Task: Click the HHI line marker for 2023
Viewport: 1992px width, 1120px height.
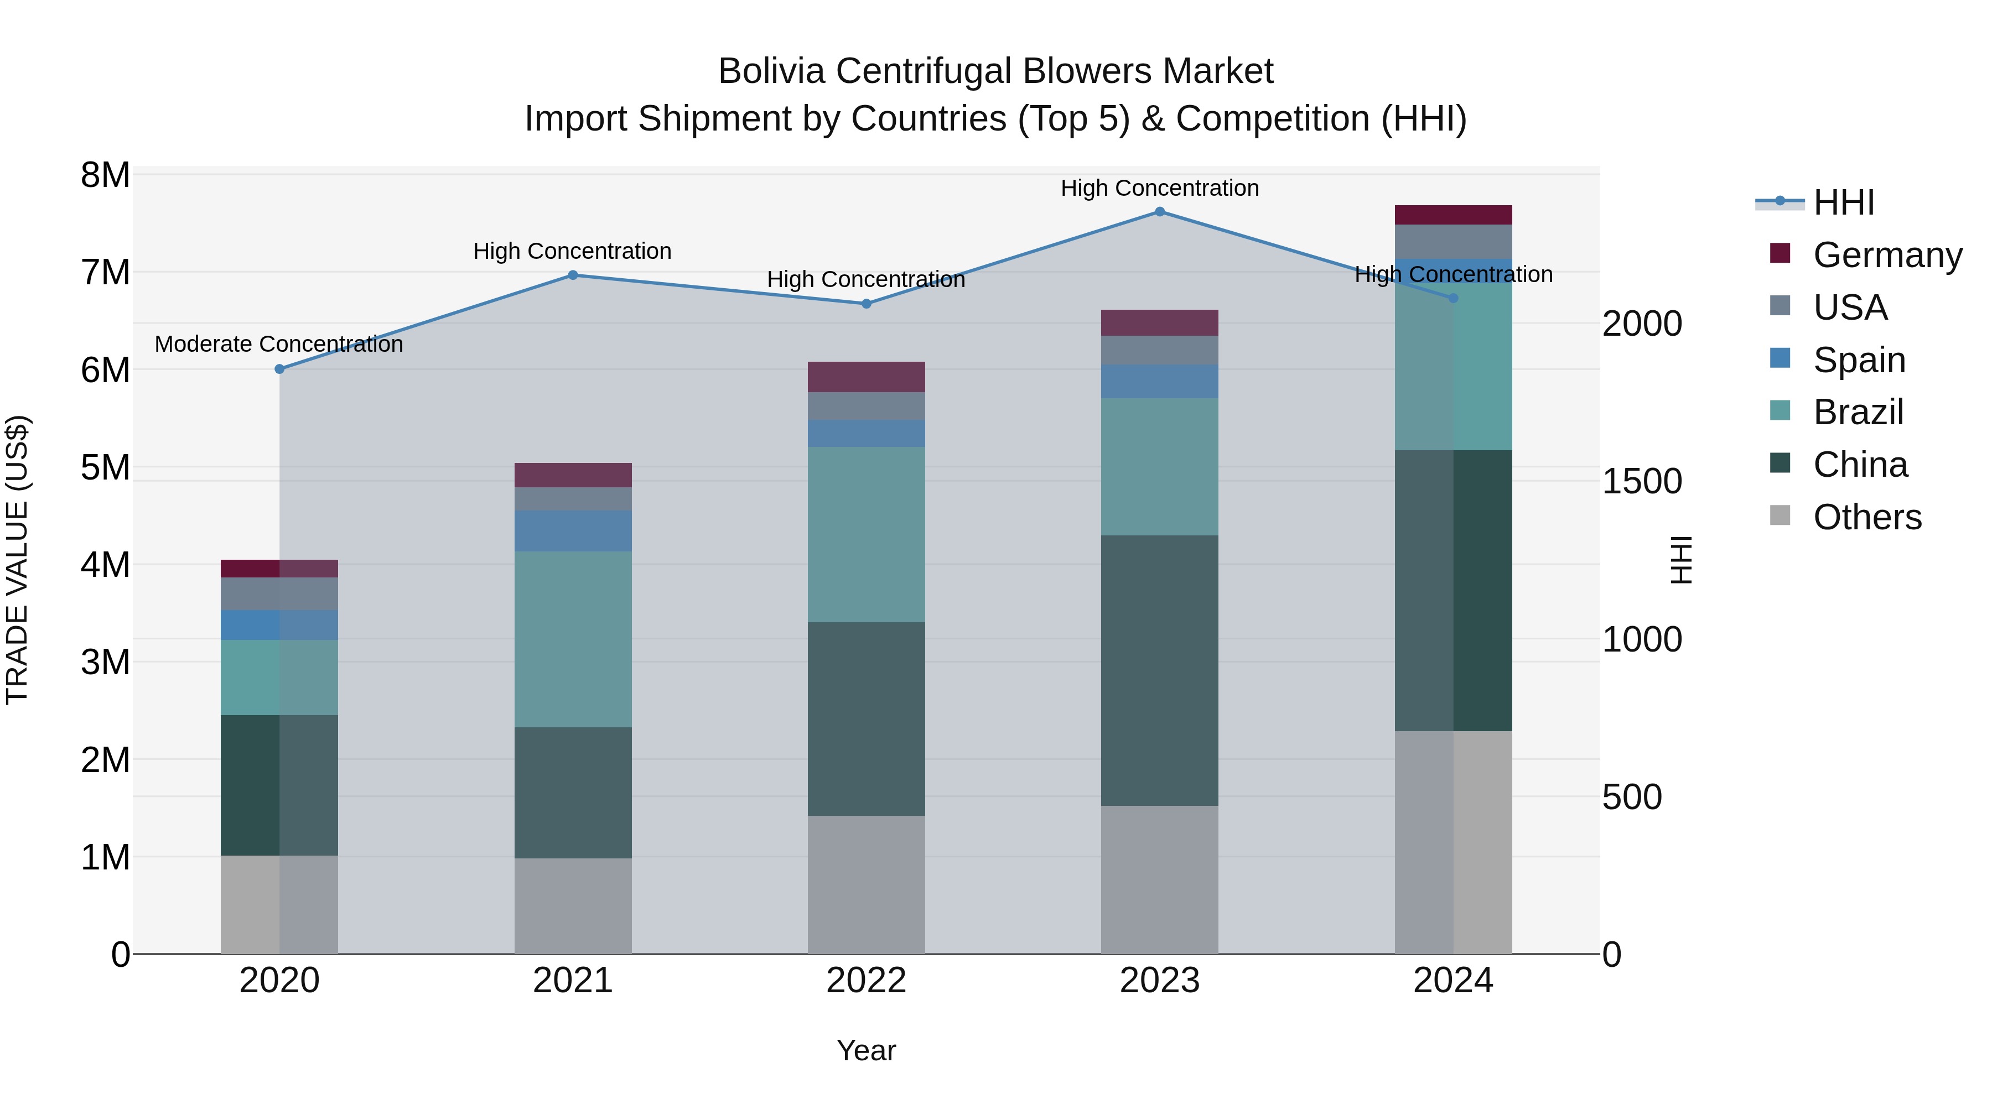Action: coord(1159,211)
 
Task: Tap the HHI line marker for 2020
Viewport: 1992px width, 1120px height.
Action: coord(280,369)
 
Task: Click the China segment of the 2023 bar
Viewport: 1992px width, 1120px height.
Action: coord(1159,670)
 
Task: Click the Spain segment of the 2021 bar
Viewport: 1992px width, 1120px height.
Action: coord(573,530)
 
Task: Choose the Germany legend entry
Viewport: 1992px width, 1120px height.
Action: coord(1887,255)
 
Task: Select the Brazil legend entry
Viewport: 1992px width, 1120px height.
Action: coord(1858,412)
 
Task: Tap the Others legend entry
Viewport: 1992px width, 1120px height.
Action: coord(1867,517)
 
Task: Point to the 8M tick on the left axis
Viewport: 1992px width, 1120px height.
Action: coord(105,175)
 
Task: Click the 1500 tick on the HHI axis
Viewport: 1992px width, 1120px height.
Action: coord(1642,482)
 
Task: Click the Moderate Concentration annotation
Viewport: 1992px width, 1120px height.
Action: coord(279,344)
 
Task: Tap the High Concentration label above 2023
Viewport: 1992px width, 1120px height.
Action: coord(1159,188)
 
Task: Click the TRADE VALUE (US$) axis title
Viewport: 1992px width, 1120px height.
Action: coord(17,560)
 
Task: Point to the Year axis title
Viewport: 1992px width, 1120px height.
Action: coord(866,1050)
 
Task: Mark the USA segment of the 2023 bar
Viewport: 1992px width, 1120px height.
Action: coord(1159,350)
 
